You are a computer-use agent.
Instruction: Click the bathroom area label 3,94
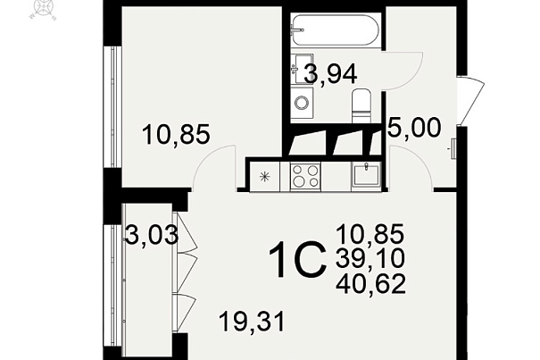coord(330,74)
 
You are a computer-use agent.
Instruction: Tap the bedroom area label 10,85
coord(176,135)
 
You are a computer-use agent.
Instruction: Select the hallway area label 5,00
coord(414,127)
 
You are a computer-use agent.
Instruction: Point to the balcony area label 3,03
coord(152,235)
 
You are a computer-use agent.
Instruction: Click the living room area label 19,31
coord(252,322)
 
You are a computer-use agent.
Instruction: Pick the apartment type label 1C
coord(297,259)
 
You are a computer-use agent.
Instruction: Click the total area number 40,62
coord(370,284)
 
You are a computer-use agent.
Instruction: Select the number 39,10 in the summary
coord(370,259)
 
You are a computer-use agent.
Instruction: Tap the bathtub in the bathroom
coord(336,29)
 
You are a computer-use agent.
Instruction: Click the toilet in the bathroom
coord(361,106)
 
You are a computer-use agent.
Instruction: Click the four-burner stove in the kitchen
coord(305,176)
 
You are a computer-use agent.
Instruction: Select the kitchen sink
coord(366,175)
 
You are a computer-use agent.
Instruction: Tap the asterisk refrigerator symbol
coord(264,177)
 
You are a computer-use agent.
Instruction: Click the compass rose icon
coord(43,8)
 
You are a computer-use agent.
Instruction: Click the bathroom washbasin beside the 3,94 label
coord(302,69)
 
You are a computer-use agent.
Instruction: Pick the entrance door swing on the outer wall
coord(470,100)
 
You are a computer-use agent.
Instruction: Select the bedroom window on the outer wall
coord(113,107)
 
